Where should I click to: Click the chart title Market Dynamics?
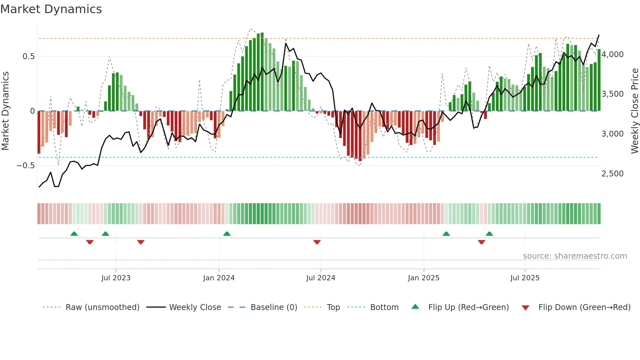click(x=51, y=9)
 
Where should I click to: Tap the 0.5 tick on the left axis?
click(x=28, y=57)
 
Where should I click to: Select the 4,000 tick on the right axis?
click(x=612, y=55)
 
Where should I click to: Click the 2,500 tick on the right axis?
click(x=612, y=174)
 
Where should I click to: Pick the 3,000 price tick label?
click(x=612, y=134)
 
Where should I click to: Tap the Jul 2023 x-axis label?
click(x=116, y=278)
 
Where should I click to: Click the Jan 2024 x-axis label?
click(x=219, y=278)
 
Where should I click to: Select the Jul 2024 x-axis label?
click(x=321, y=278)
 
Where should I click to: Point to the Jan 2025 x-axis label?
click(x=424, y=278)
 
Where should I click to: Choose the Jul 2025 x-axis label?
click(x=525, y=278)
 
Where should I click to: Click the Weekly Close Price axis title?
click(x=634, y=111)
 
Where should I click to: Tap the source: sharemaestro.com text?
click(x=575, y=256)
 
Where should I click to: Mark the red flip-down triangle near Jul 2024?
click(x=317, y=242)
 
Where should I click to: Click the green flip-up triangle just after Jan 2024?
click(x=227, y=234)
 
